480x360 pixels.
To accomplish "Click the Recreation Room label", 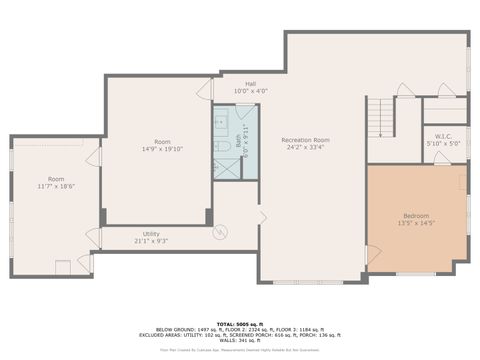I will click(305, 140).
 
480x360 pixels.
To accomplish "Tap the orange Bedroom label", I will click(416, 216).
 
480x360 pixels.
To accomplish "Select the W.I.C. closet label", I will click(444, 135).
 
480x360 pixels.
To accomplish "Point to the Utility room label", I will click(151, 233).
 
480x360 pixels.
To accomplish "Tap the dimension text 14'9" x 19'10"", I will click(162, 149).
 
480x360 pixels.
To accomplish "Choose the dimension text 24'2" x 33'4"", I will click(305, 148).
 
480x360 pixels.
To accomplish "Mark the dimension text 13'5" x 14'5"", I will click(416, 224).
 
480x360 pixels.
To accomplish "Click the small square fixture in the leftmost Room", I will click(63, 265).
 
